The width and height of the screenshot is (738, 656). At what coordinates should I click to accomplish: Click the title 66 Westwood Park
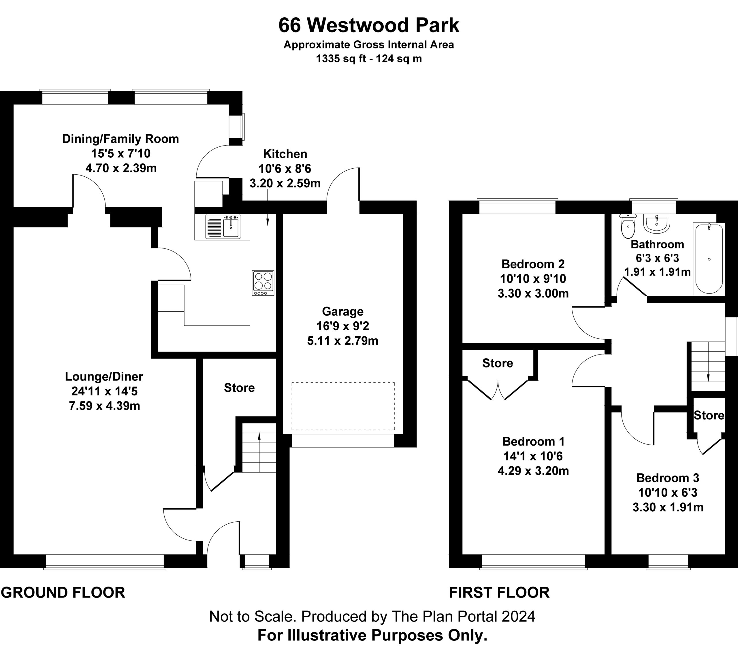369,25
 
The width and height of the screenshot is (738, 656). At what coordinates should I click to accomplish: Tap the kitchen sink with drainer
223,227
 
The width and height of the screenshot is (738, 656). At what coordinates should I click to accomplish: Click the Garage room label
343,311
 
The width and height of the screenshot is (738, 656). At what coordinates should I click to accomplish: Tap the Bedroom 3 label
668,478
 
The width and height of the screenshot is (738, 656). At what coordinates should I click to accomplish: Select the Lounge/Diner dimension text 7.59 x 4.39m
104,406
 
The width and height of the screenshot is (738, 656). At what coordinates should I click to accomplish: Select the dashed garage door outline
343,406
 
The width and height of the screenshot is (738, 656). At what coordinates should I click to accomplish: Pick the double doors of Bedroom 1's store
498,389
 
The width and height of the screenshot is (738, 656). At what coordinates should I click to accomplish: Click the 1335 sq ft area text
369,59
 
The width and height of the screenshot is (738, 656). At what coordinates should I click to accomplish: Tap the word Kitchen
285,154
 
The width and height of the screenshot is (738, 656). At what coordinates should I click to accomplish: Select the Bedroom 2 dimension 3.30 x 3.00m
533,293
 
